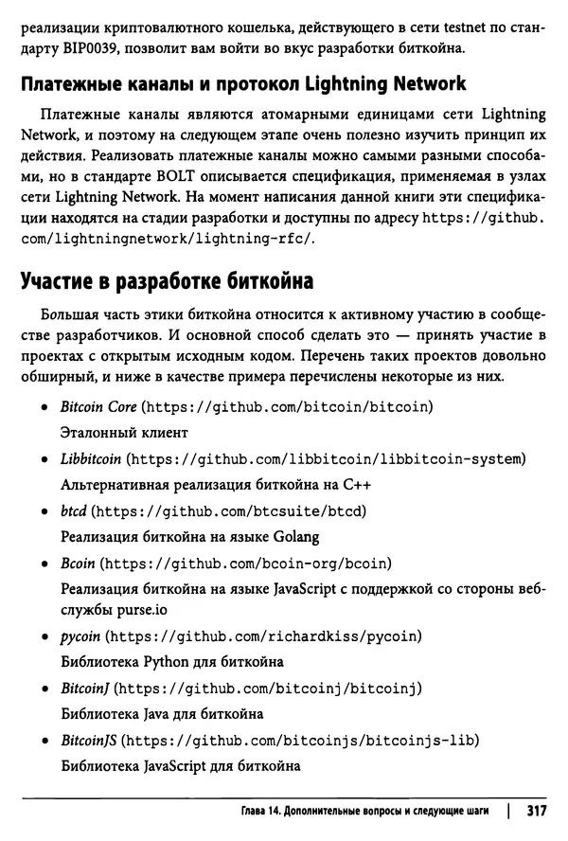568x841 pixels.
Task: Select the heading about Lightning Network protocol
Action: [242, 83]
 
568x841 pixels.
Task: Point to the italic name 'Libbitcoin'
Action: [90, 458]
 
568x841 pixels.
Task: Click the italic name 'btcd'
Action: [73, 510]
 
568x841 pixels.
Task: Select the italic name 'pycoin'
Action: [80, 634]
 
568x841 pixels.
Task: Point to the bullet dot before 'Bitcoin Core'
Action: [44, 407]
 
